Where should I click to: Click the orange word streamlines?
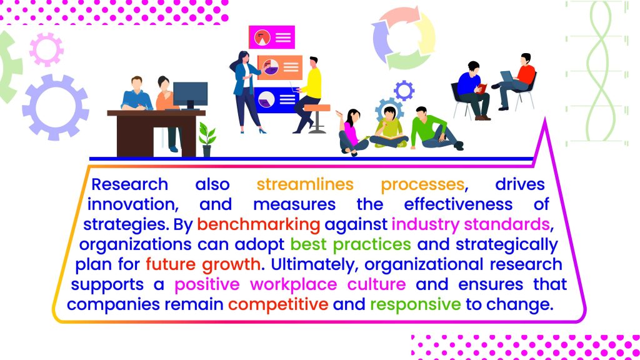(x=305, y=184)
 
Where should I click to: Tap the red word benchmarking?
(x=258, y=225)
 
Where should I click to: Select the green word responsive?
(x=416, y=304)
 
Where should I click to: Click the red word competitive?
(x=278, y=304)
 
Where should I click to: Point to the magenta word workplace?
(x=294, y=284)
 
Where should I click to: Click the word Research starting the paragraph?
(x=130, y=184)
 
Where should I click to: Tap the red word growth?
(x=231, y=265)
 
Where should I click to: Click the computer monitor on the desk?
(x=190, y=96)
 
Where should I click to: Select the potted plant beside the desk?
(x=207, y=139)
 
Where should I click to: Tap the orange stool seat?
(x=317, y=107)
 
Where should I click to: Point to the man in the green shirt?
(x=435, y=129)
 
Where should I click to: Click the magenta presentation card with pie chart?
(x=272, y=37)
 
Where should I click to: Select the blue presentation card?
(x=275, y=99)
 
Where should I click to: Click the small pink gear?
(x=46, y=50)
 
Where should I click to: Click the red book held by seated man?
(x=482, y=88)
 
